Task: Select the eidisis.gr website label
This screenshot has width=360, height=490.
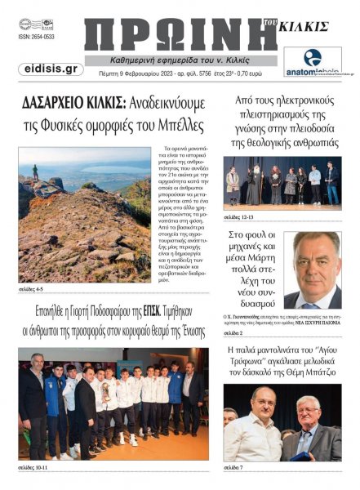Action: click(50, 70)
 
